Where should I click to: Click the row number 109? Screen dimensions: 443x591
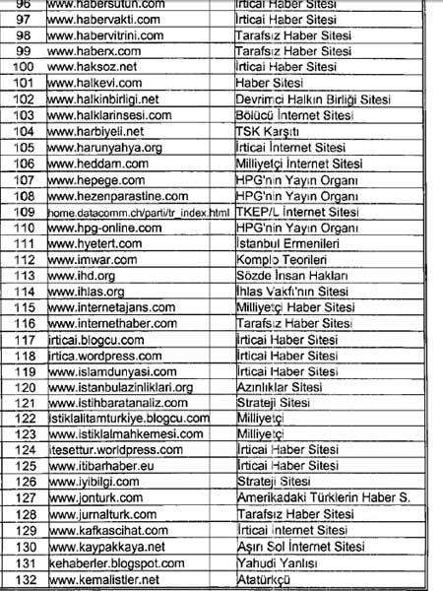tap(22, 213)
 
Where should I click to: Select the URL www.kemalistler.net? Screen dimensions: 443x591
tap(102, 579)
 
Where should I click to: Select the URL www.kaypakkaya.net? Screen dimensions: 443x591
tap(104, 548)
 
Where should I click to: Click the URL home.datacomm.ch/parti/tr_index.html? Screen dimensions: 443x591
tap(128, 213)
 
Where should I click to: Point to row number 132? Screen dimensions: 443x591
tap(22, 579)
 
